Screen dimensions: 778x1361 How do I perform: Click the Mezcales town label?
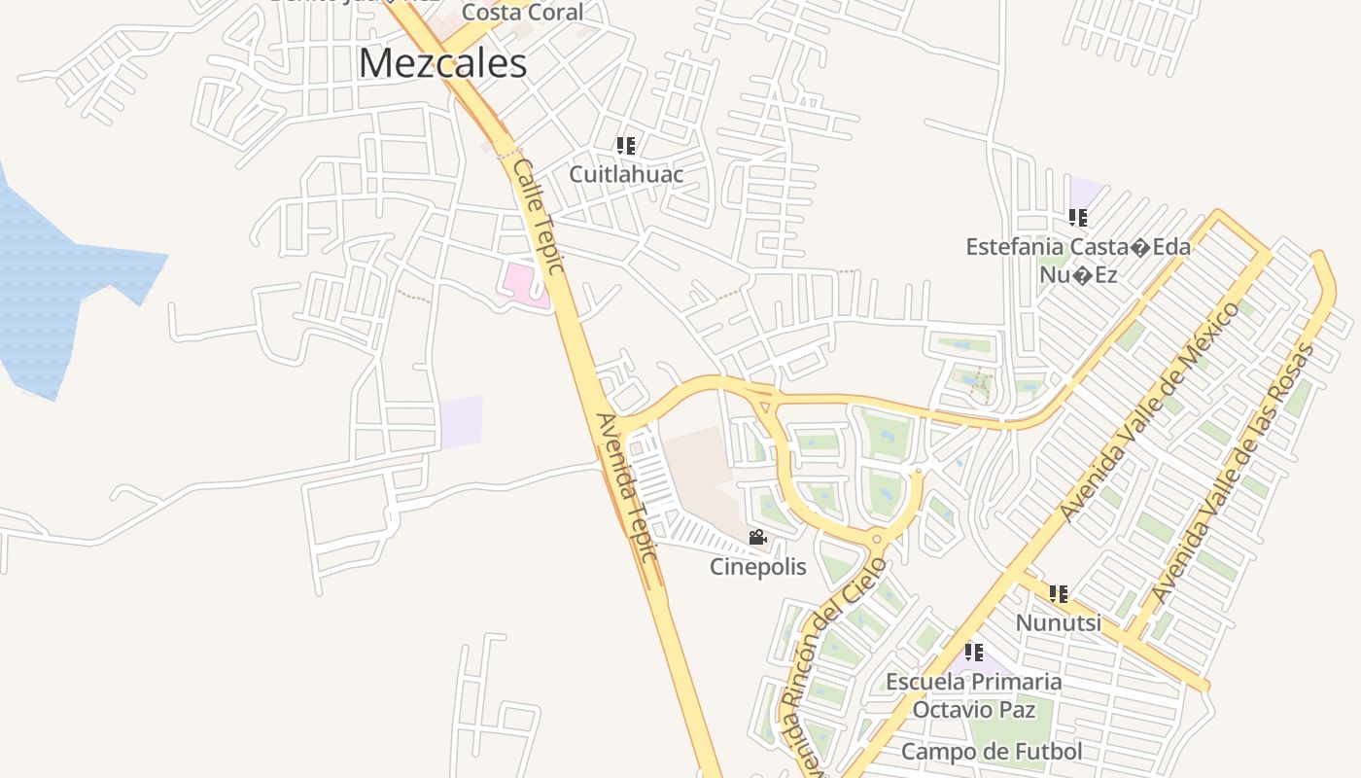442,63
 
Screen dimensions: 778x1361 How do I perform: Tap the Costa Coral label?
522,13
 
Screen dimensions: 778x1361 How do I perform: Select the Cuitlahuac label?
626,174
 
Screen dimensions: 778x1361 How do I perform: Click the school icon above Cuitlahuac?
626,146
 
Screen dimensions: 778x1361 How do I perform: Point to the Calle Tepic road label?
540,216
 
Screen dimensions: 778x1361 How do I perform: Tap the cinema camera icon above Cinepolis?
757,537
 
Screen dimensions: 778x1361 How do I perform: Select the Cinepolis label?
757,566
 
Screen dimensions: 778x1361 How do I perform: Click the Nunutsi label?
1058,621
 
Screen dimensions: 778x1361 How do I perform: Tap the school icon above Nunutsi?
1059,593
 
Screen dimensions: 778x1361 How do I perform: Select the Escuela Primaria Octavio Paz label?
973,694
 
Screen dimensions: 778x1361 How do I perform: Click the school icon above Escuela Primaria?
973,653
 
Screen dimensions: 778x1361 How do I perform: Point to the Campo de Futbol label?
991,751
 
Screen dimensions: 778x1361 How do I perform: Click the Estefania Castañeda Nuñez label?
1077,261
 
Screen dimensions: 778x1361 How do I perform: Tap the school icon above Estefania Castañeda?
1077,218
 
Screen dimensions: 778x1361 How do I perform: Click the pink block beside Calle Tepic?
519,282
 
